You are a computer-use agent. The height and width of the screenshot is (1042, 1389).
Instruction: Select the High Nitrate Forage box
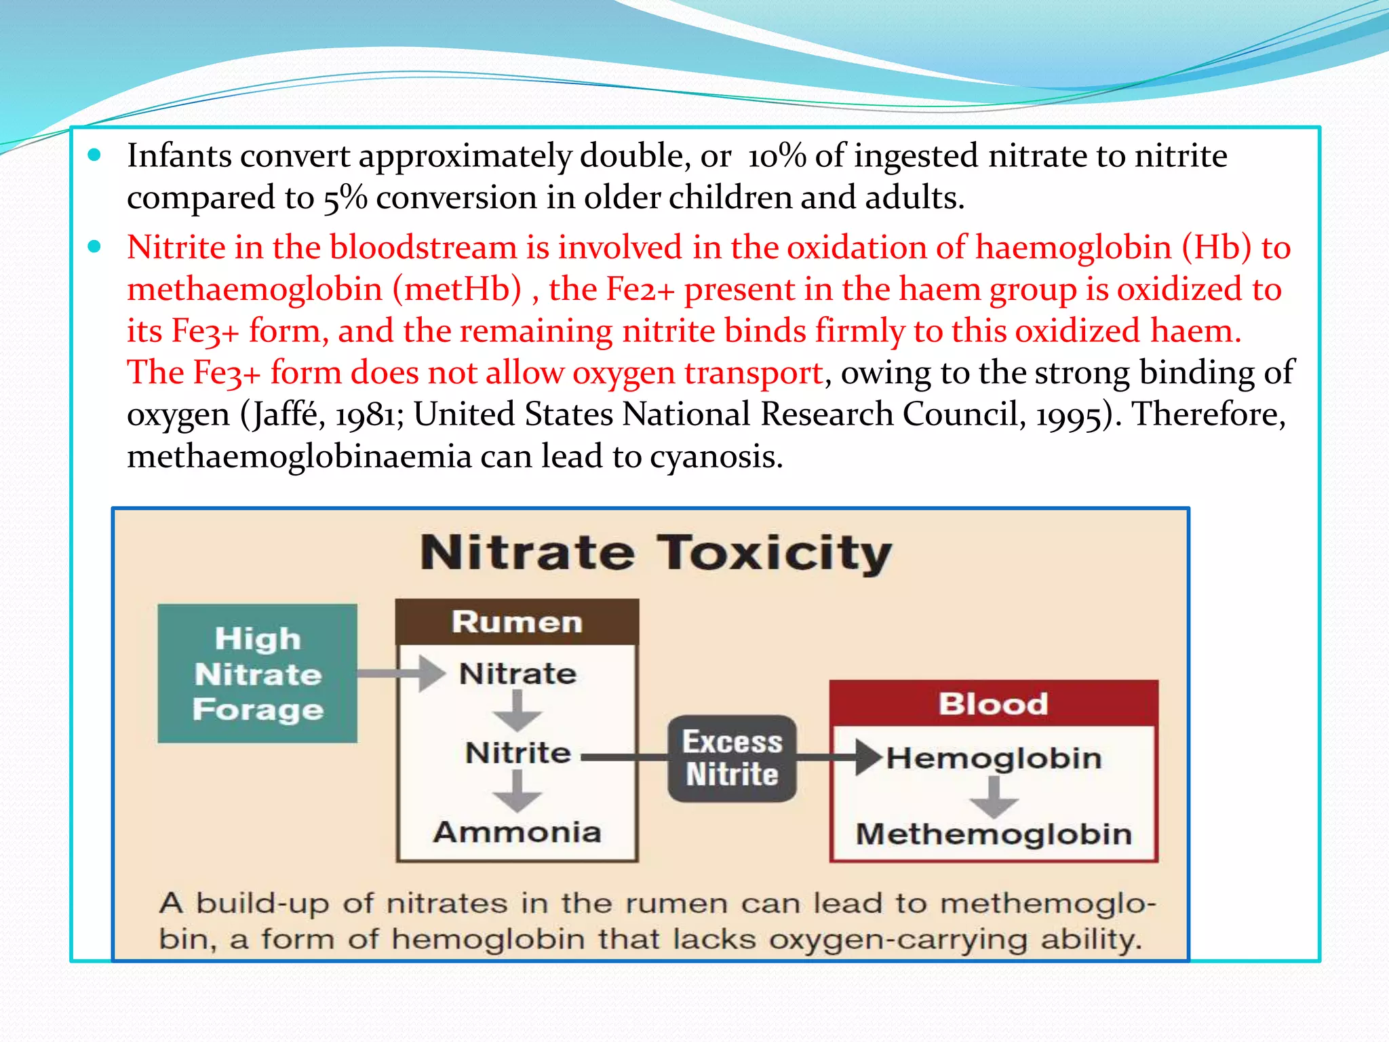pos(257,673)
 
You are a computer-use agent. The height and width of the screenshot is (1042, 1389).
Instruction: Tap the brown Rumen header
pos(517,621)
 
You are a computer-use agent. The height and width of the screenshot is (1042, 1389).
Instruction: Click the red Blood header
pos(994,703)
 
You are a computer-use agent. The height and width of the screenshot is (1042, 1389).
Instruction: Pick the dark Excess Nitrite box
pos(732,758)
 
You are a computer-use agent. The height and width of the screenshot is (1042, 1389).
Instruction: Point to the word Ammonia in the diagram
pos(517,832)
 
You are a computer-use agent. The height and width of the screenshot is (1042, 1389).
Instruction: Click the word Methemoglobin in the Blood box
pos(994,834)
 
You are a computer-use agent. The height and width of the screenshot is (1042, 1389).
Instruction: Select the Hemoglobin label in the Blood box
pos(994,758)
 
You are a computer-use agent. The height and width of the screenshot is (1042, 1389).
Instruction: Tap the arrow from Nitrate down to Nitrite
pos(517,711)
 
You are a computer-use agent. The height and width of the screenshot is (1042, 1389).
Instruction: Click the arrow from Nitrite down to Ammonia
pos(517,791)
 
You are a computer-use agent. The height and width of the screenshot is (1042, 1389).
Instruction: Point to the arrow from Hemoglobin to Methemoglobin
pos(994,798)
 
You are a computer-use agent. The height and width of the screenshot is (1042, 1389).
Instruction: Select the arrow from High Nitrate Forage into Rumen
pos(400,673)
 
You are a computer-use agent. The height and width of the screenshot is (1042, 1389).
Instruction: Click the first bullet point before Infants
pos(95,155)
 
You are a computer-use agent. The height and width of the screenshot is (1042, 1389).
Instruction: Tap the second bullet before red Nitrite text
pos(95,246)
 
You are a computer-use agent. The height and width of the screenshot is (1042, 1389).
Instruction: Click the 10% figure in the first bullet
pos(777,156)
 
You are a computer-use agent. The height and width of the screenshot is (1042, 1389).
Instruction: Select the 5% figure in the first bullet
pos(345,198)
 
